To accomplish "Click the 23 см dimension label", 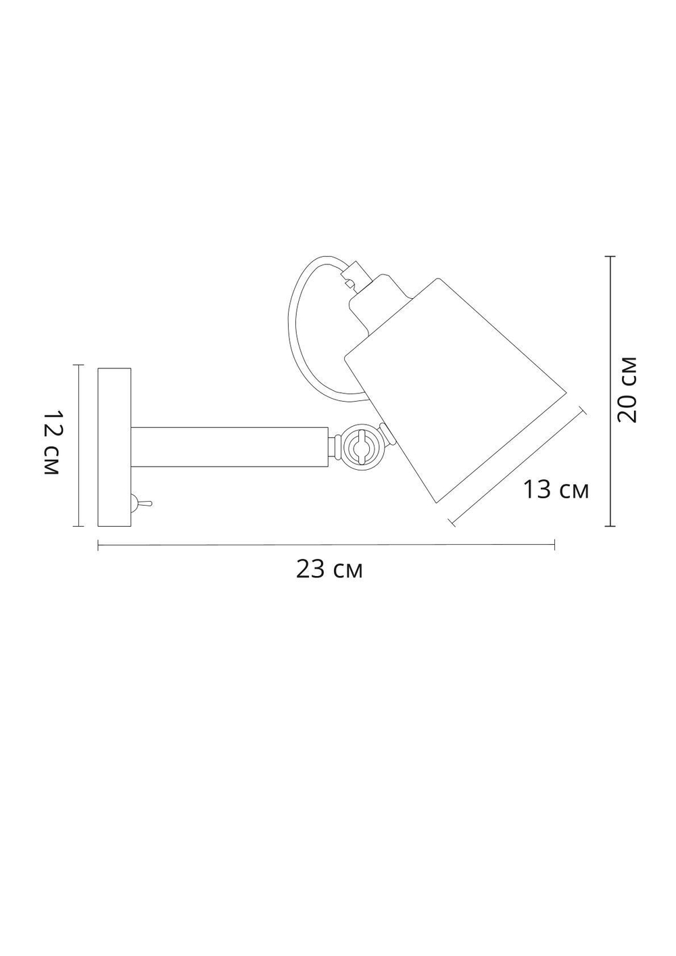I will pos(329,570).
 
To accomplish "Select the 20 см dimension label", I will pos(628,388).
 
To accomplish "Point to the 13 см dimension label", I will pos(556,489).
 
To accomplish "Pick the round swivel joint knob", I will pos(358,447).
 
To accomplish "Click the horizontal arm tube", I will pos(230,447).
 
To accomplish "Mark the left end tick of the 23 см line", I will pos(99,545).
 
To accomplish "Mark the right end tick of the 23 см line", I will pos(555,545).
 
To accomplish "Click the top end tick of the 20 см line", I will pos(610,257).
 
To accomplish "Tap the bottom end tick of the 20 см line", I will pos(610,525).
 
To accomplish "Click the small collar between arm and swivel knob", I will pos(333,447).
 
